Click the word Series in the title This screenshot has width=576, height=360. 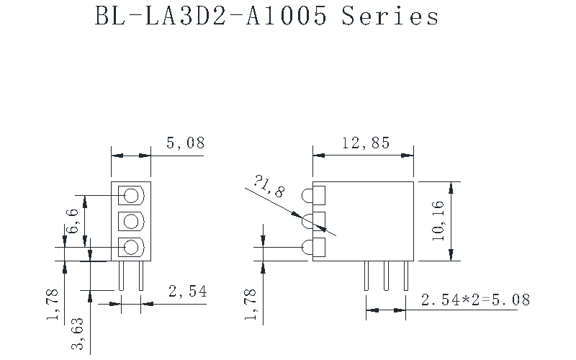coord(390,17)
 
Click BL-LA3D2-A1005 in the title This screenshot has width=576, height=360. coord(211,17)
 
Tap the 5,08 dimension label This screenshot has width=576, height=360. coord(185,143)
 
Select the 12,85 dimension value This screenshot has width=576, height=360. coord(366,143)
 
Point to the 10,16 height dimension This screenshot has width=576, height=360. coord(438,221)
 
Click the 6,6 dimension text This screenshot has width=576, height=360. coord(72,221)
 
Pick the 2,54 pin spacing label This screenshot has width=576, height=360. coord(188,292)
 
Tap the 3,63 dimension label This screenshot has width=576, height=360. coord(78,333)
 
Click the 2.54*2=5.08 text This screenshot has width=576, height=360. coord(476,300)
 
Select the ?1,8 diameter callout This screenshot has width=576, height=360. coord(269,186)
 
